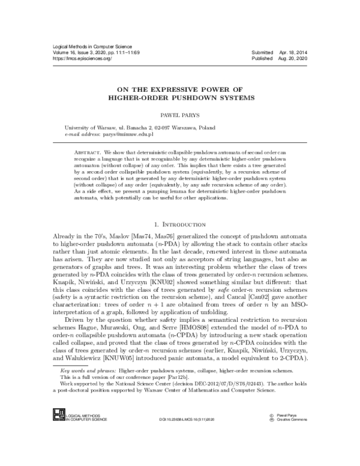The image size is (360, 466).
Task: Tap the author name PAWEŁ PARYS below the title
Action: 179,112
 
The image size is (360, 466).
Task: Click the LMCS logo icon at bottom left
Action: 58,413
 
